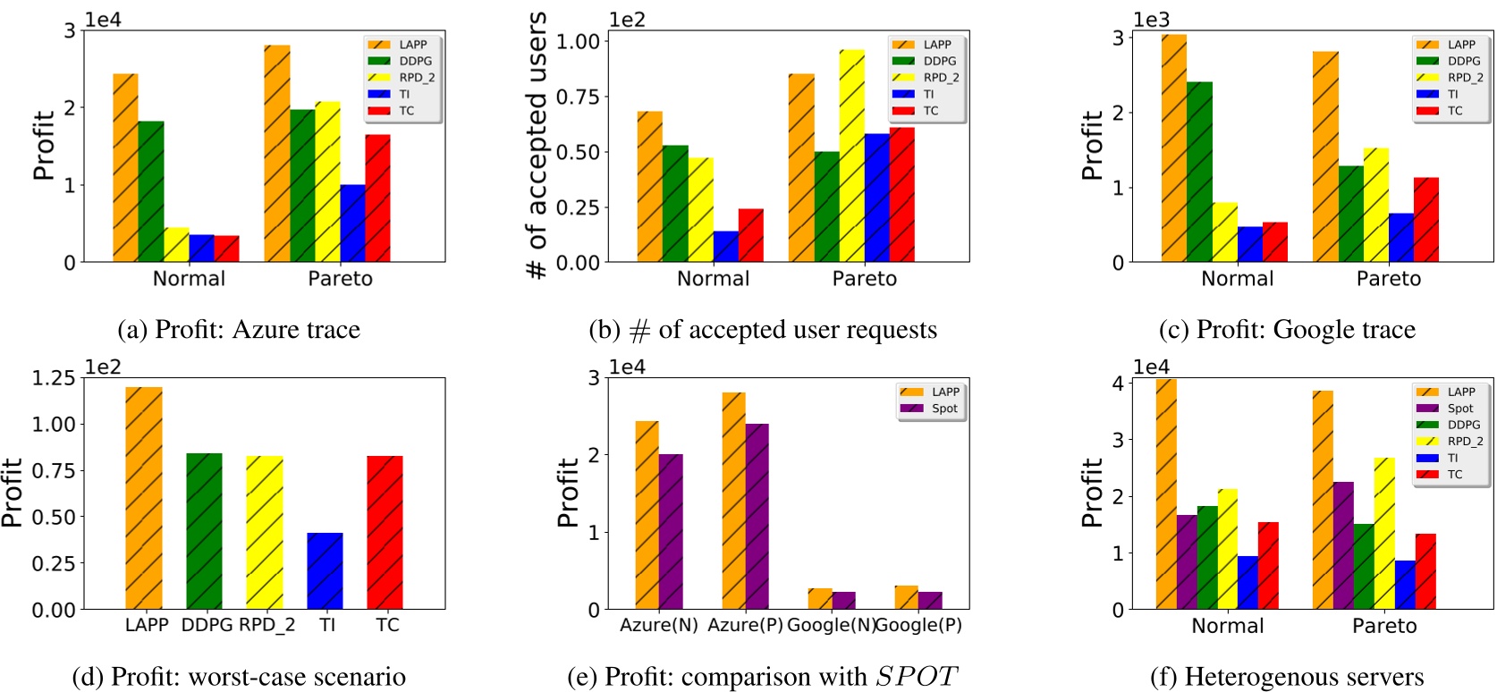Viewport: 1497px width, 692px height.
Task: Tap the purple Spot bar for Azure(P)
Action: click(757, 516)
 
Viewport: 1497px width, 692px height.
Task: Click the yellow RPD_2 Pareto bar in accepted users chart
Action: click(851, 156)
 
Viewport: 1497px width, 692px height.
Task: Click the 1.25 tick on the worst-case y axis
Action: click(54, 378)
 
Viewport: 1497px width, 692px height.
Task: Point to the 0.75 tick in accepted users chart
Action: click(578, 97)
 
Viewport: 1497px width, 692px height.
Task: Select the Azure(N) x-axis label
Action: click(658, 625)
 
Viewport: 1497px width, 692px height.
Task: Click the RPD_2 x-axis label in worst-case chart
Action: click(266, 625)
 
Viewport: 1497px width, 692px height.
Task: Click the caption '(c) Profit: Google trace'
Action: click(1287, 330)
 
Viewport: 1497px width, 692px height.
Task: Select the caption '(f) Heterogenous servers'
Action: click(1286, 678)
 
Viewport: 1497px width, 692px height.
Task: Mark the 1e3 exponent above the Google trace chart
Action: click(1151, 20)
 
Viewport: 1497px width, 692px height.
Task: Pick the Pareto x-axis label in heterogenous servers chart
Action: click(1384, 626)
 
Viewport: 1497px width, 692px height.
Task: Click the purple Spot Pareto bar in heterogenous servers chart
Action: click(1343, 545)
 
